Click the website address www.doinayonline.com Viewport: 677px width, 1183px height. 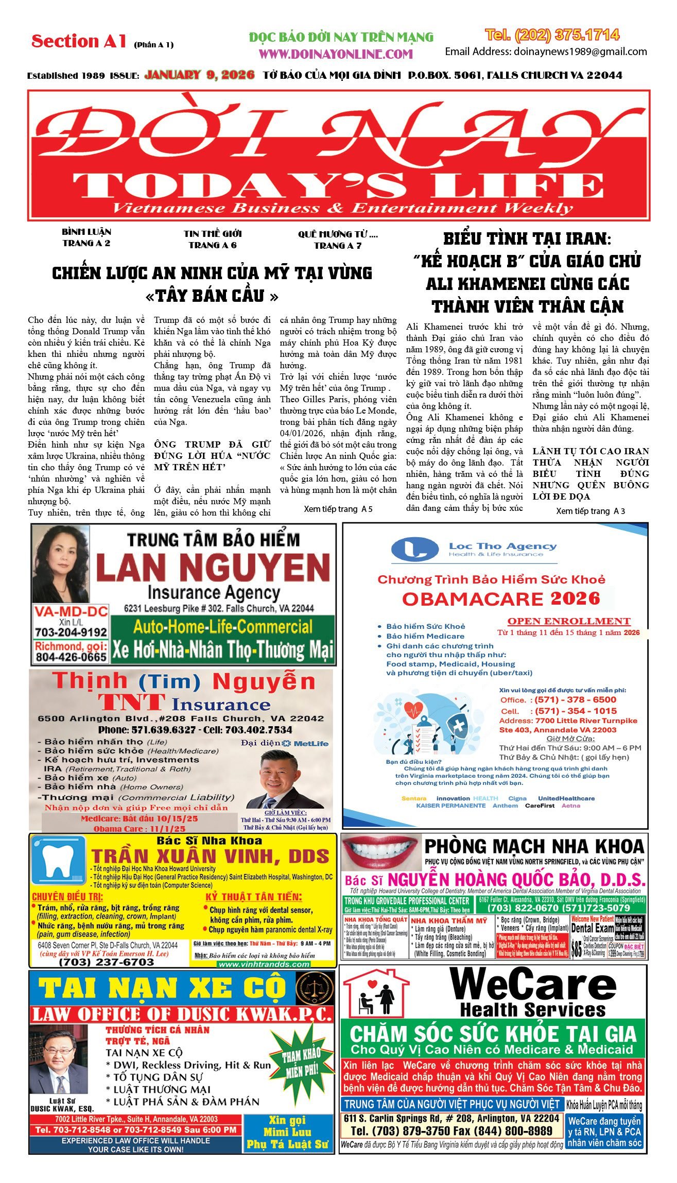point(336,54)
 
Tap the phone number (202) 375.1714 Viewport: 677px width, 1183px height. point(552,35)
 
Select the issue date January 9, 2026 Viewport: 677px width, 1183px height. point(199,75)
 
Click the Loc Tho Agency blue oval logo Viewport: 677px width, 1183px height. point(414,549)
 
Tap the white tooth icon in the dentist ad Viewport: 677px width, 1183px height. point(56,863)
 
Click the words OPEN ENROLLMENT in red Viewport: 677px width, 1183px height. point(569,621)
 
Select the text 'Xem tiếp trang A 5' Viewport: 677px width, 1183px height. point(338,509)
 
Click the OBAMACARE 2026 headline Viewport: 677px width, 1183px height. point(501,598)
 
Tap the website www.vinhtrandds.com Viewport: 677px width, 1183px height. point(264,964)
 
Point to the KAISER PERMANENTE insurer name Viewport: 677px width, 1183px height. point(450,805)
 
